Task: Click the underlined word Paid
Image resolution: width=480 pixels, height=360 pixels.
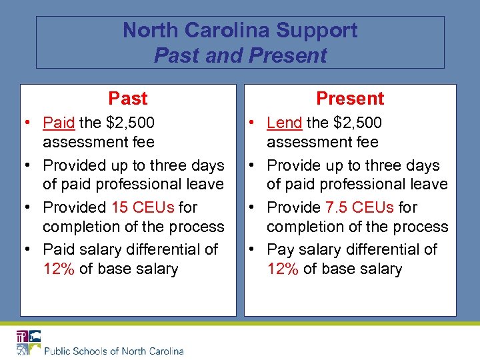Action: pos(59,123)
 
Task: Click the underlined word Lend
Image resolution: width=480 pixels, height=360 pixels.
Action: pos(284,123)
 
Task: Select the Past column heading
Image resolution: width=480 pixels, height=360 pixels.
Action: pos(127,99)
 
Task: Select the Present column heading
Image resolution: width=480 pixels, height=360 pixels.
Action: pos(350,99)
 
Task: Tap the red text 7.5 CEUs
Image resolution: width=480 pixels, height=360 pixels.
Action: pos(363,207)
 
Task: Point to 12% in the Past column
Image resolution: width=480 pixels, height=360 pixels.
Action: pos(59,269)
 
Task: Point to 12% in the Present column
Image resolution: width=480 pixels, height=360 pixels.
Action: pos(283,269)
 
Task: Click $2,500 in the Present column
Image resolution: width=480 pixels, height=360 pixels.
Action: pos(357,123)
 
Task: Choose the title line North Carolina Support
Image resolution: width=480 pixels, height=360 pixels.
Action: pos(240,31)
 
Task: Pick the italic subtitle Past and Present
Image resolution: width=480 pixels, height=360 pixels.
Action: pos(240,55)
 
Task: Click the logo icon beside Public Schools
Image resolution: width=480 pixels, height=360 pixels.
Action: pos(29,342)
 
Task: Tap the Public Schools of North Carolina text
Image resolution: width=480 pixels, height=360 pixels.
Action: pos(114,351)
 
